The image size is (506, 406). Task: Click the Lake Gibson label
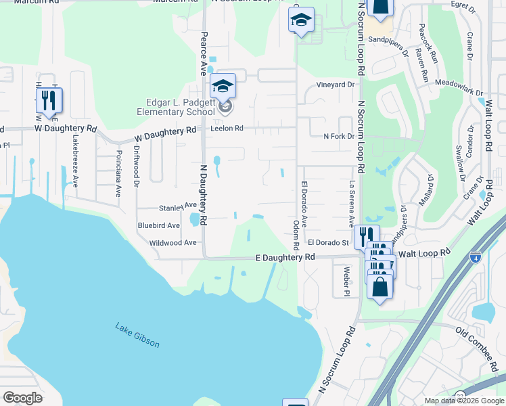click(137, 335)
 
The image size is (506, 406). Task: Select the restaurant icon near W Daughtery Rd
click(49, 100)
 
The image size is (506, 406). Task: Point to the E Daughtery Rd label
click(285, 258)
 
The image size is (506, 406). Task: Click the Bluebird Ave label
click(158, 225)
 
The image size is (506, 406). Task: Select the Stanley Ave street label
click(177, 206)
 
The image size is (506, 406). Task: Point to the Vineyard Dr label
click(336, 85)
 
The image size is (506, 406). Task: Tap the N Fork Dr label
click(339, 136)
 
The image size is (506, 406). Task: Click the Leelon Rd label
click(227, 127)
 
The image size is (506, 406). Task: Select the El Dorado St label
click(327, 242)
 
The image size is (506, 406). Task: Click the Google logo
click(22, 397)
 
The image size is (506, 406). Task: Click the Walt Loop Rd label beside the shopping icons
click(424, 252)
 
